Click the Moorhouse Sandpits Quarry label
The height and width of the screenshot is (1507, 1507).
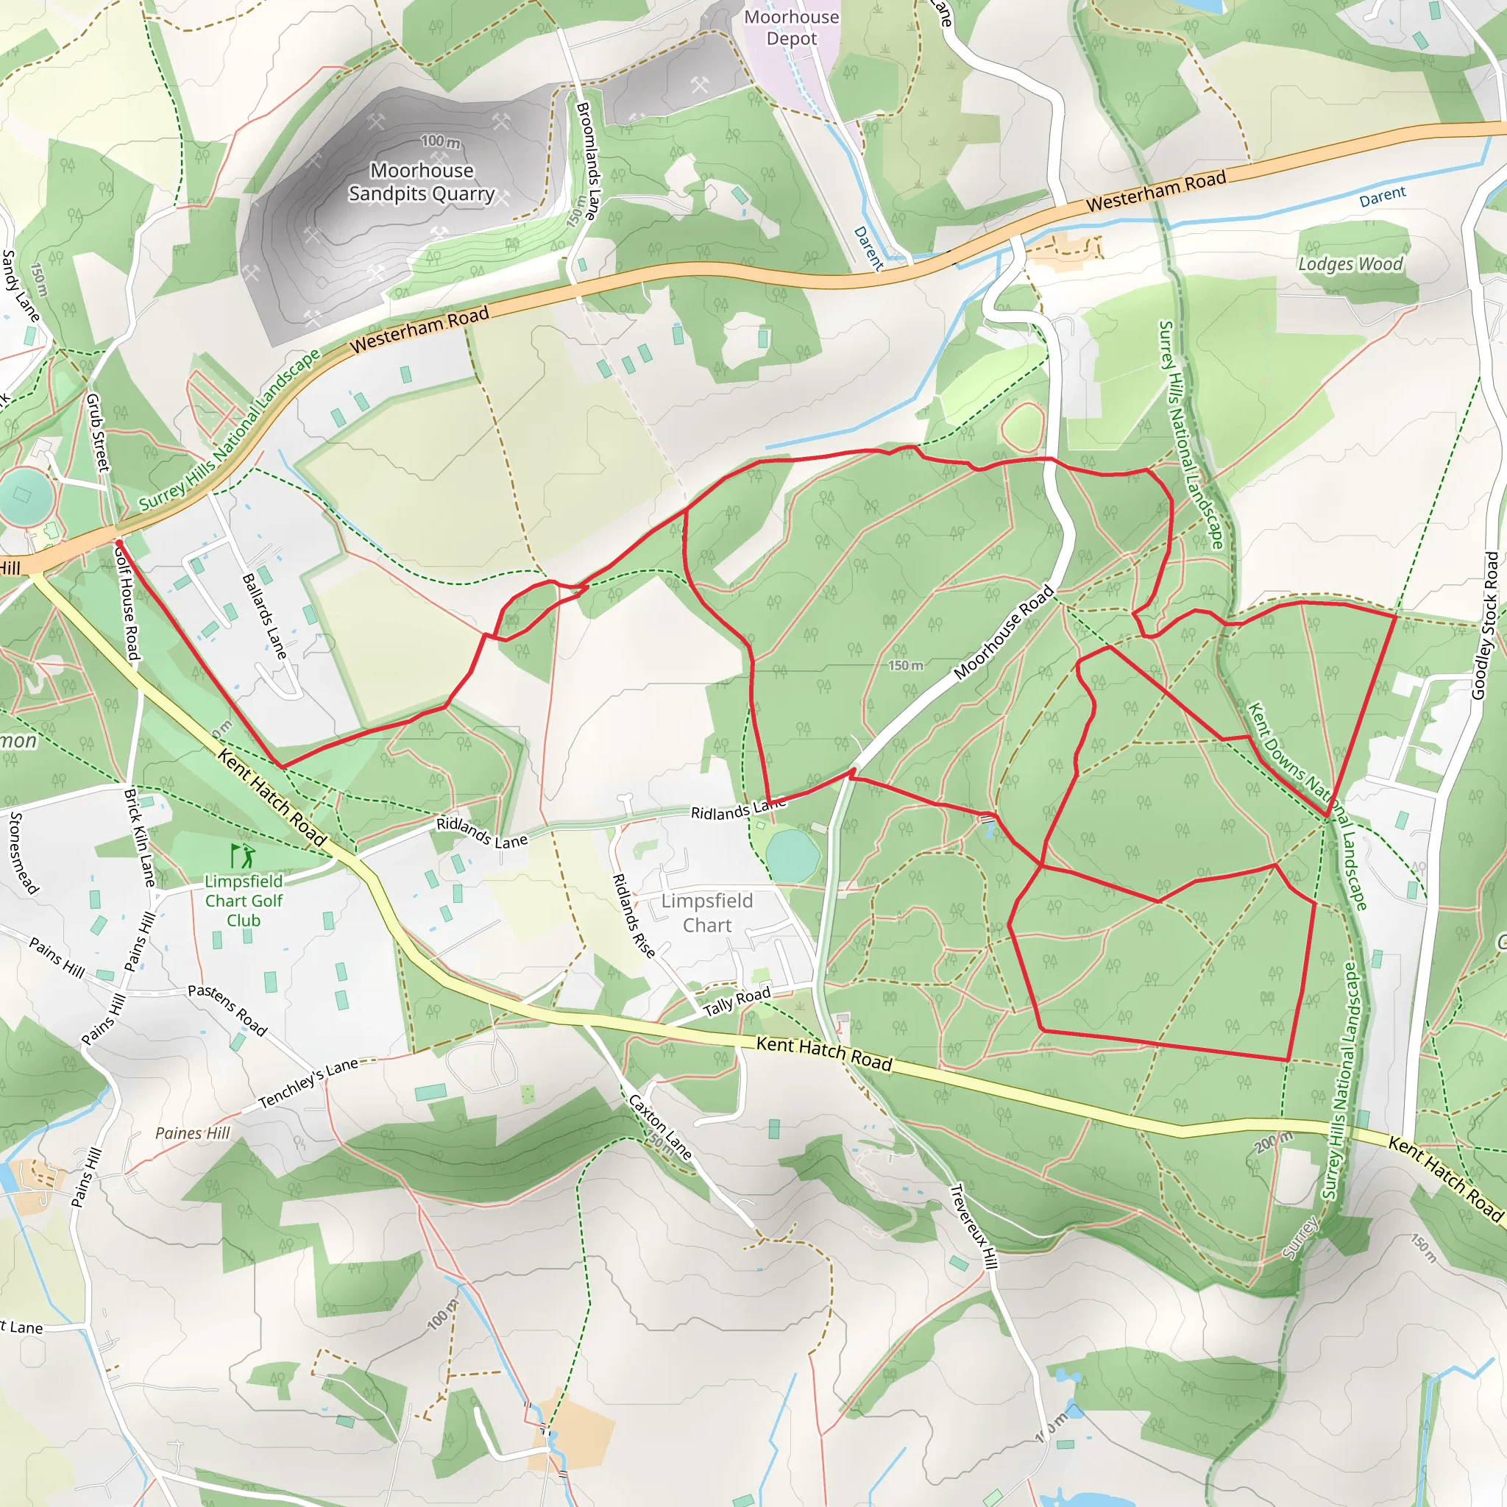pyautogui.click(x=421, y=182)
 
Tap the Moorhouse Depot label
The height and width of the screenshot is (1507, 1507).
pyautogui.click(x=791, y=27)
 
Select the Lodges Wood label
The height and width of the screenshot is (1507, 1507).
pyautogui.click(x=1350, y=264)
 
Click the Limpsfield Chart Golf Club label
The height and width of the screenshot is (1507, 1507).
pyautogui.click(x=244, y=900)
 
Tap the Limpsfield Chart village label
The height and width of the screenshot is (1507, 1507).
pyautogui.click(x=706, y=912)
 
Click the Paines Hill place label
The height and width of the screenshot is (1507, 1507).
pyautogui.click(x=193, y=1133)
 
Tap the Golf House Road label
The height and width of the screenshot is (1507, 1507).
pyautogui.click(x=127, y=602)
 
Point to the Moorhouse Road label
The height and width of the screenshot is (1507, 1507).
pyautogui.click(x=1003, y=633)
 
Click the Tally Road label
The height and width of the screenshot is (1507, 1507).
pyautogui.click(x=737, y=1001)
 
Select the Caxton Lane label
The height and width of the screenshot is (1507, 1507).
pyautogui.click(x=660, y=1127)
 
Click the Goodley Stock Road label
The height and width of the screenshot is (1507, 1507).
pyautogui.click(x=1484, y=625)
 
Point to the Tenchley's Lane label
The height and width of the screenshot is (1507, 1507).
pyautogui.click(x=308, y=1082)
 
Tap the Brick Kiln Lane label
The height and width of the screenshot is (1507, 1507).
pyautogui.click(x=140, y=837)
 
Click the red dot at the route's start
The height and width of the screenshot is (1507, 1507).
pyautogui.click(x=119, y=542)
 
